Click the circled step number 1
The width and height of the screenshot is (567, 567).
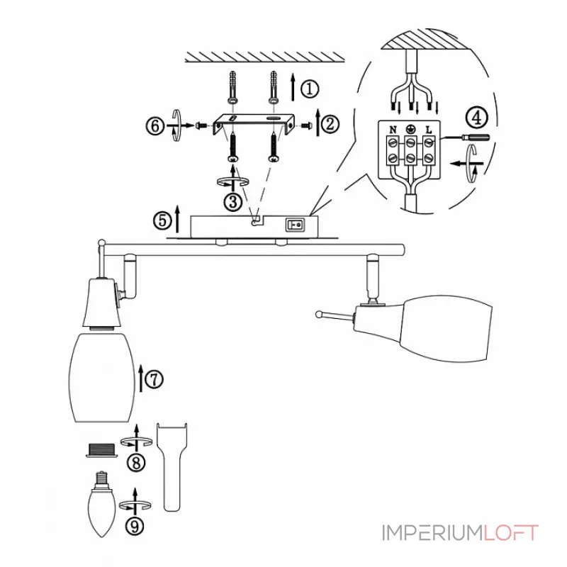tap(310, 89)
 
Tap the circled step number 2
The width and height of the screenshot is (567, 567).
tap(330, 125)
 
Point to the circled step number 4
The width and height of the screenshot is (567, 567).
tap(476, 116)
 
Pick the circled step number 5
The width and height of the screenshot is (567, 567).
tap(162, 220)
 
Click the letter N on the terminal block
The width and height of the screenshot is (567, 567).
tap(390, 130)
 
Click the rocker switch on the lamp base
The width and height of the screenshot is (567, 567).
tap(294, 225)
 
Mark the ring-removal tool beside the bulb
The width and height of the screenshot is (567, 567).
tap(173, 464)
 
